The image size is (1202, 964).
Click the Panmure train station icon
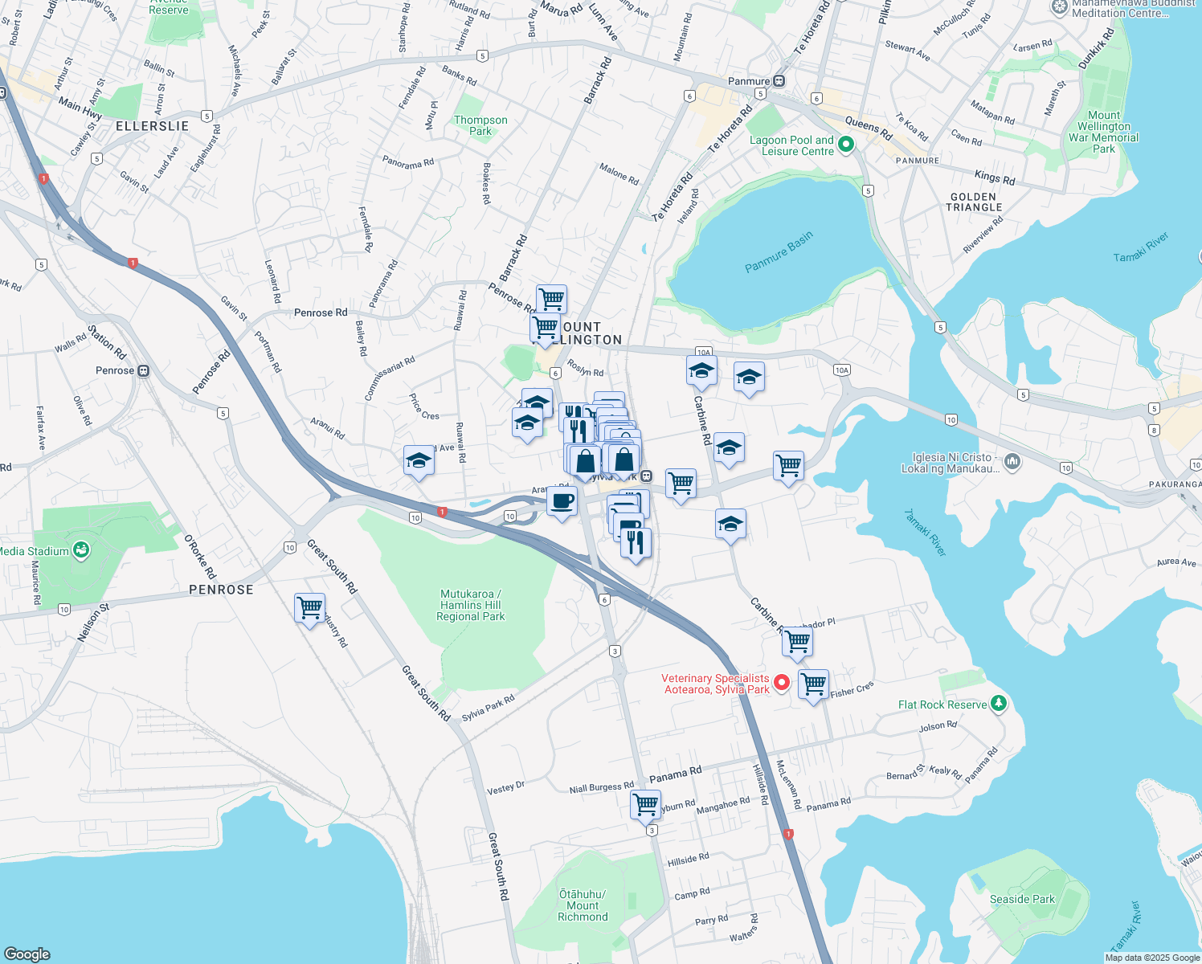coord(779,81)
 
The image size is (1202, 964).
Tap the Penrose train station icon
coord(144,370)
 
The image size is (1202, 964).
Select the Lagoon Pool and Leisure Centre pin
coord(845,145)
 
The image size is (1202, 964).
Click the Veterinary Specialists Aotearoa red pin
coord(782,683)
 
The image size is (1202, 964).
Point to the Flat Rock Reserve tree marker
coord(999,704)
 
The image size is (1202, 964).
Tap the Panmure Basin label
coord(779,252)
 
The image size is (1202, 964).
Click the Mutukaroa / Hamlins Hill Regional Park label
coord(470,605)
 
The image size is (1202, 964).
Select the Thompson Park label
coord(480,125)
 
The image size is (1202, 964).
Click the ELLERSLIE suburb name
coord(152,126)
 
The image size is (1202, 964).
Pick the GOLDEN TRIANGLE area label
coord(974,202)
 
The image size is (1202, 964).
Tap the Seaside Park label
coord(1022,899)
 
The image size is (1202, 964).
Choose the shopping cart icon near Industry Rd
coord(309,608)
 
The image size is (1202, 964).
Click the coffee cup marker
coord(562,502)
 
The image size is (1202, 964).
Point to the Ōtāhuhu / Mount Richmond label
coord(583,905)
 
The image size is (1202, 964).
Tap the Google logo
coord(27,954)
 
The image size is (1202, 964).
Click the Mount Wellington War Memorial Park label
coord(1103,132)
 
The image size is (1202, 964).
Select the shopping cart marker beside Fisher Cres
coord(813,684)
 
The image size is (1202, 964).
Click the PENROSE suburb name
coord(221,590)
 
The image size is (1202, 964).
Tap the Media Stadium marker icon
coord(81,550)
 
